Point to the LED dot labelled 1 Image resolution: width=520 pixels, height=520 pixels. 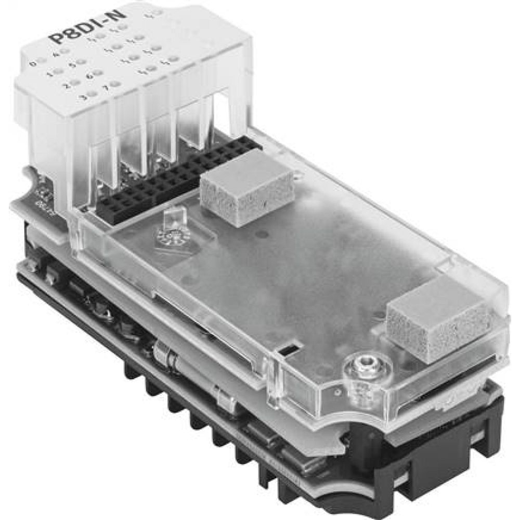(x=58, y=71)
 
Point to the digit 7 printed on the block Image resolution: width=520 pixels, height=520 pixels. (x=106, y=87)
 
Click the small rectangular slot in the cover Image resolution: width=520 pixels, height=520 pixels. (x=288, y=348)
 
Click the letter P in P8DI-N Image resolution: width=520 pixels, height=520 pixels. (x=54, y=40)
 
